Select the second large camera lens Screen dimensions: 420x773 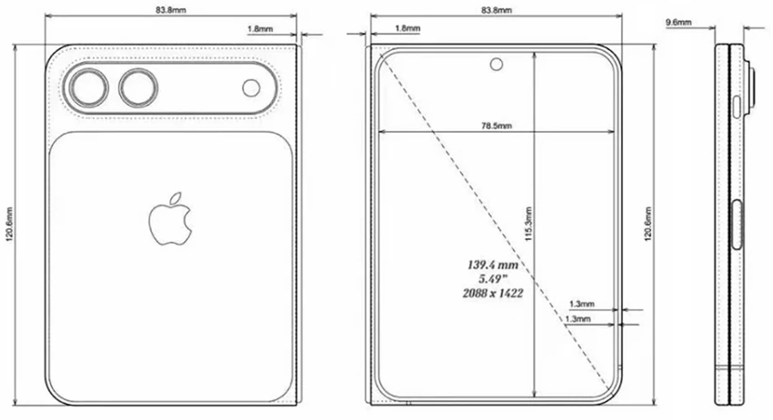pos(138,88)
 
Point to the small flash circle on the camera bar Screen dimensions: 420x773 pos(251,88)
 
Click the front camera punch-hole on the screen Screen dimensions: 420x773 pos(497,64)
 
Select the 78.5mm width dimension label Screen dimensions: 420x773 pos(495,125)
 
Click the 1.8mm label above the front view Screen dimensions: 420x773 pos(407,29)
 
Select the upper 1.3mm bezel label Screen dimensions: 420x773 pos(581,304)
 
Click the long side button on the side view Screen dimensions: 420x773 pos(737,225)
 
